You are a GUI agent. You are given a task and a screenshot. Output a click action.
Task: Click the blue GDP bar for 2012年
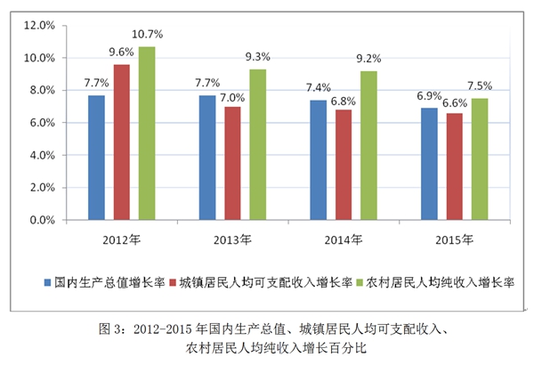[x=96, y=157]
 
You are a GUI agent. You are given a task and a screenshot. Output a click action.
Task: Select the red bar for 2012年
[x=121, y=142]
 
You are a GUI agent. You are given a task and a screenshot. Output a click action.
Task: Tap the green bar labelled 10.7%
[x=146, y=133]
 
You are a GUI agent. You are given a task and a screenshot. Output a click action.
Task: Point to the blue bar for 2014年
[x=319, y=159]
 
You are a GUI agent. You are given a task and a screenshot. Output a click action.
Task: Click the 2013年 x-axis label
[x=233, y=239]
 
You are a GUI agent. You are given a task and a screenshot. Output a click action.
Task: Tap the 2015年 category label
[x=455, y=239]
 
